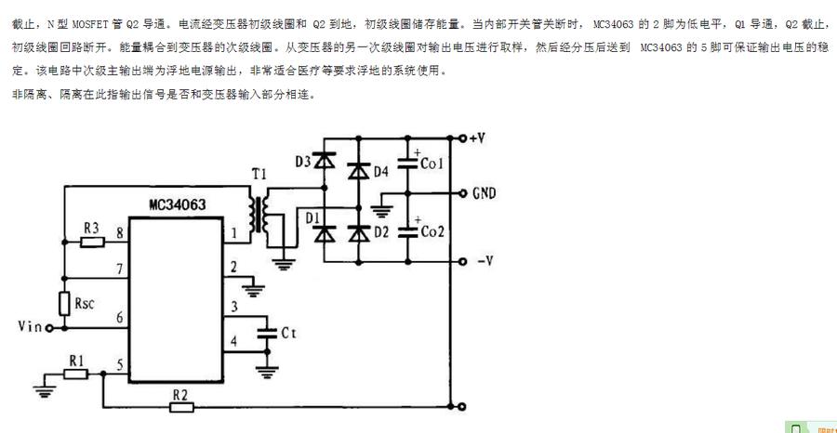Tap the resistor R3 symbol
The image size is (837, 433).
pyautogui.click(x=92, y=243)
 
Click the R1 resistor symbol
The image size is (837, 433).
pyautogui.click(x=75, y=374)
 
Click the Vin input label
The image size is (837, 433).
pyautogui.click(x=31, y=327)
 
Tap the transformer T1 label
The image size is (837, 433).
pyautogui.click(x=259, y=176)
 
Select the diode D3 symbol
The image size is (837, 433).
pyautogui.click(x=325, y=162)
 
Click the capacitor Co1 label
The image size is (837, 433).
pyautogui.click(x=432, y=164)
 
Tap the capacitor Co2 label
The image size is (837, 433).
pyautogui.click(x=432, y=230)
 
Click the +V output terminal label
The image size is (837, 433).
pyautogui.click(x=477, y=138)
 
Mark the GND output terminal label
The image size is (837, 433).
pyautogui.click(x=484, y=193)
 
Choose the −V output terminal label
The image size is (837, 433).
pyautogui.click(x=483, y=260)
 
